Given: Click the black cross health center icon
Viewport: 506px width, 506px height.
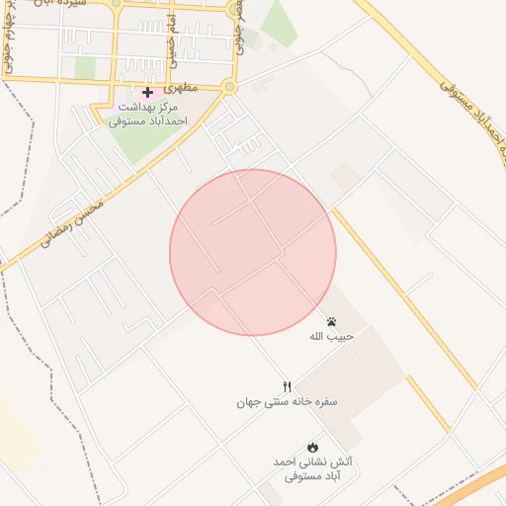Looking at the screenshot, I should tap(147, 92).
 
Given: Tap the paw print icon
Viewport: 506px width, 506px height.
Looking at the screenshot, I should tap(331, 321).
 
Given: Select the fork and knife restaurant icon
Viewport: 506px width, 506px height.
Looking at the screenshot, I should tap(287, 386).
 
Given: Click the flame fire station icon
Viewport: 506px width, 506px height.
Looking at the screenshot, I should tap(312, 447).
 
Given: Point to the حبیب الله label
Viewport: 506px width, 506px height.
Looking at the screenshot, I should tap(331, 336).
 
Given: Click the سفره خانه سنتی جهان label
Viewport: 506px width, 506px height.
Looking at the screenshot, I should tap(287, 402).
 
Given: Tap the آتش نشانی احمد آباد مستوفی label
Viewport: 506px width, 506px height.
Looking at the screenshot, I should tap(312, 468).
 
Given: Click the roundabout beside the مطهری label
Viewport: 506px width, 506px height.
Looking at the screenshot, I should tap(229, 87).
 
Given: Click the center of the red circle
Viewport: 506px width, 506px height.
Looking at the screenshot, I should tap(253, 252).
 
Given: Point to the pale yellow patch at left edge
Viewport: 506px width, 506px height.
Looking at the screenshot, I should tap(15, 435).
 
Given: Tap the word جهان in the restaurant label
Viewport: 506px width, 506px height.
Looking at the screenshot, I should tap(251, 402).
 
